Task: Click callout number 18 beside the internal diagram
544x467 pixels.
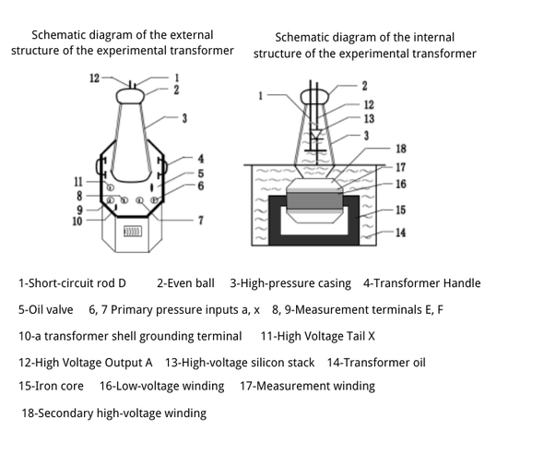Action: [401, 149]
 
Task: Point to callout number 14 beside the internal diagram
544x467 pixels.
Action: [401, 233]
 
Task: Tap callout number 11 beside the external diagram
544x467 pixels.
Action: [78, 182]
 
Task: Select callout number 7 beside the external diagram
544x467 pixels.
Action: [201, 221]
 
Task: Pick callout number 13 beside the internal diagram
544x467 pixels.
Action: [369, 119]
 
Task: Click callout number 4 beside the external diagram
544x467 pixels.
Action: [201, 159]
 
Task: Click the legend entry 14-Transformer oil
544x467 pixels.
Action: [376, 363]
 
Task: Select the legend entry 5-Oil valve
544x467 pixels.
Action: [46, 310]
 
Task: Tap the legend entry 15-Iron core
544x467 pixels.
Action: [51, 386]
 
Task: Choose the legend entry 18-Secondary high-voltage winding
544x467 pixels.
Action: [114, 413]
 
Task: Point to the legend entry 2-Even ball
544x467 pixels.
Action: [185, 283]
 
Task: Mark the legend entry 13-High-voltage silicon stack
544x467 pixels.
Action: [240, 363]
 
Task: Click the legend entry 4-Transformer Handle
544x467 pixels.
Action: [422, 283]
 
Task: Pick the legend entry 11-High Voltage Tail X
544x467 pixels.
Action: [318, 336]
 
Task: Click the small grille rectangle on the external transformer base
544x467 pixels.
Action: [133, 232]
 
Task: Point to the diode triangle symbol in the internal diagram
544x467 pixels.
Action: [316, 135]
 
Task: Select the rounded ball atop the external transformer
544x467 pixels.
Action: [130, 96]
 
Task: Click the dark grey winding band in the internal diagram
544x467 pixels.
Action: [314, 200]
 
